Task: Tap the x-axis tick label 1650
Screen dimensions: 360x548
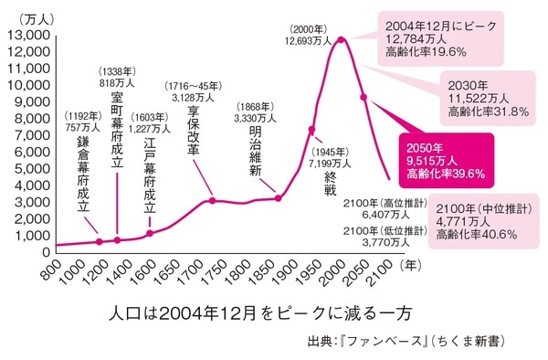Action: [x=164, y=270]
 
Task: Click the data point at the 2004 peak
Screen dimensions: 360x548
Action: [x=342, y=39]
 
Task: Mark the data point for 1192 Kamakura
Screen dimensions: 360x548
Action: [x=100, y=241]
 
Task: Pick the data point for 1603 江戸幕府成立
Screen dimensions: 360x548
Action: [x=150, y=233]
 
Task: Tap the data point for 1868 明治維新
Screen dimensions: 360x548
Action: [x=278, y=198]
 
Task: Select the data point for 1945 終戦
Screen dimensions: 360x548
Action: [x=311, y=130]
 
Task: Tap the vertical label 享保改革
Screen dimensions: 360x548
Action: [x=192, y=132]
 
